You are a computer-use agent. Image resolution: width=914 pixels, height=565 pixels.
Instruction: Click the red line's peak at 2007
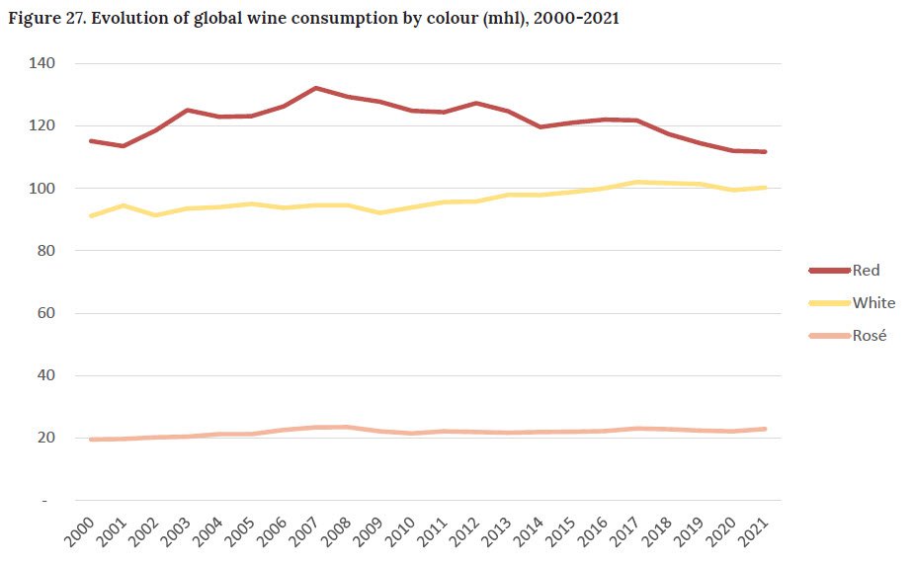tap(315, 88)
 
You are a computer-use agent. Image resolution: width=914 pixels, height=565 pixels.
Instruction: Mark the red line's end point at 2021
tap(765, 152)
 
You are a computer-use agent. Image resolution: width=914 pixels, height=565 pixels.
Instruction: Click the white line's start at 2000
tap(91, 215)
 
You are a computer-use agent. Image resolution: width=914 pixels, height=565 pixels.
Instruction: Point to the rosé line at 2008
tap(347, 427)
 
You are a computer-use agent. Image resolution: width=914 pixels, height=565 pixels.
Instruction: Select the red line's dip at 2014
tap(540, 127)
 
